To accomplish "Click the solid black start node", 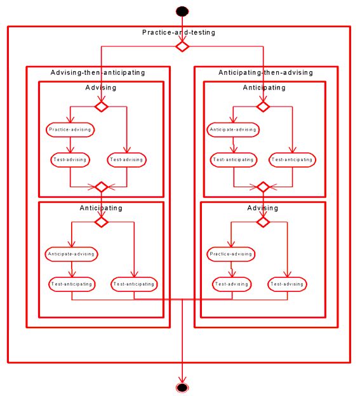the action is (182, 11).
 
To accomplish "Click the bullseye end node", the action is (182, 387).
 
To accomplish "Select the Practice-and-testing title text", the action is (178, 32).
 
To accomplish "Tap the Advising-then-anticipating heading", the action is (98, 73).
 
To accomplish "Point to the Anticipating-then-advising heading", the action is (265, 73).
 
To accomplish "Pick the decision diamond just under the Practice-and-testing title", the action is (182, 46).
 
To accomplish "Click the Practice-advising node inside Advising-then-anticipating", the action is (70, 130).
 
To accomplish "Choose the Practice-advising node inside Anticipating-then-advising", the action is (231, 254).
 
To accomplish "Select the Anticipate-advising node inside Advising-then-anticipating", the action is (71, 254).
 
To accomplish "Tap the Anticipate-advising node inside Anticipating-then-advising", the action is (233, 130).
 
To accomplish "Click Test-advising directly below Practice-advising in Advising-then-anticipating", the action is (70, 160).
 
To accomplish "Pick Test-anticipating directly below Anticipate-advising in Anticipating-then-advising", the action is (234, 160).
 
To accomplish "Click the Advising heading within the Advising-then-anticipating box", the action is (101, 88).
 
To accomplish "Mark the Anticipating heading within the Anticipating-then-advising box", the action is (264, 88).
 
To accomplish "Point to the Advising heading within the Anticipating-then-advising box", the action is (263, 208).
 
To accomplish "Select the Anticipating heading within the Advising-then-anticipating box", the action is (101, 208).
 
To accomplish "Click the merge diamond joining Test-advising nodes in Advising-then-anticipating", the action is (102, 187).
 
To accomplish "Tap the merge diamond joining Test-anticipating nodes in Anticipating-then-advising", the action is (263, 187).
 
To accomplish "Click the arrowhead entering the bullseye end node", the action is (182, 380).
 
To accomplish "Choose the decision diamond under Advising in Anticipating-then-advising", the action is (263, 222).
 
